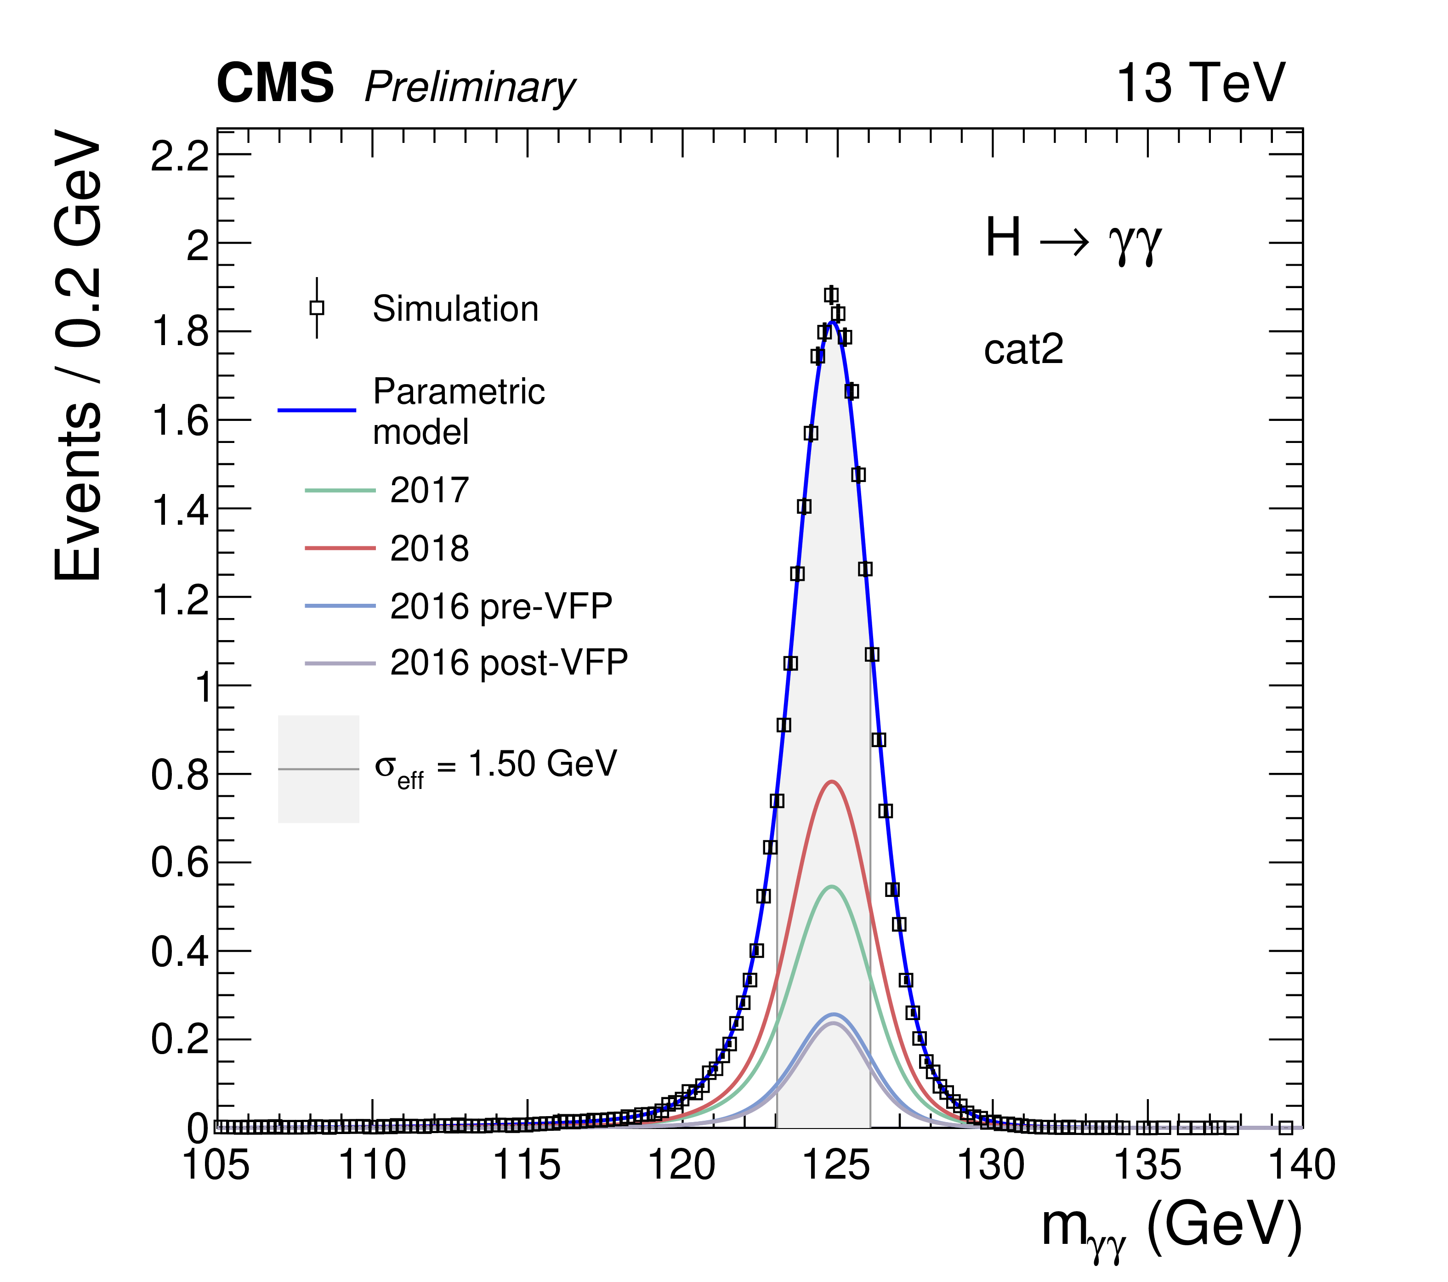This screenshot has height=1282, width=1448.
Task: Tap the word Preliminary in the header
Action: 470,88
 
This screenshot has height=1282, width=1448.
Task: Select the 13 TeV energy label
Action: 1200,84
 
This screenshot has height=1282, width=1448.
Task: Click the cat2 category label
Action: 1024,349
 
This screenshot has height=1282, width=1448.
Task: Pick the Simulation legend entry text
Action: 455,309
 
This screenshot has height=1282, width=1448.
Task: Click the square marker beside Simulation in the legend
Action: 317,307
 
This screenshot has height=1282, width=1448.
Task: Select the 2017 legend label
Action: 429,490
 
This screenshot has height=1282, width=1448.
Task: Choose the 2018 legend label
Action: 429,548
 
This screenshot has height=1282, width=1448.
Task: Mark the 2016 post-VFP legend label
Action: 509,664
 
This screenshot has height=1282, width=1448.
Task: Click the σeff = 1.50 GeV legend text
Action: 496,766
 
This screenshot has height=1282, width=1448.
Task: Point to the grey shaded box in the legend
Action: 319,768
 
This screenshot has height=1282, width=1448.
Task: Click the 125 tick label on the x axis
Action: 837,1165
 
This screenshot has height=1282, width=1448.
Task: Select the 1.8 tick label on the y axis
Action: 182,331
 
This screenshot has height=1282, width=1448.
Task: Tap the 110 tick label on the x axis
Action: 372,1165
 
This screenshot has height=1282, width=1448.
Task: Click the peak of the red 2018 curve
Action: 832,781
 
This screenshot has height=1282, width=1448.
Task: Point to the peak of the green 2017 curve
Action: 832,886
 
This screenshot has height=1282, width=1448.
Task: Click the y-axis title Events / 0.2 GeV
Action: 78,355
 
